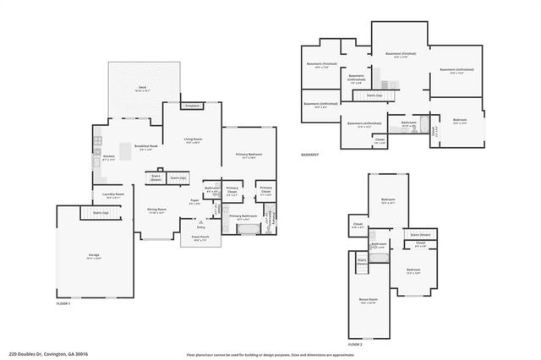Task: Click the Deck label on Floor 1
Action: pos(142,88)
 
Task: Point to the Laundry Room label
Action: pos(113,195)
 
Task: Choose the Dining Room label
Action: pos(156,210)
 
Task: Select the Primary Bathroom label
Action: pos(244,217)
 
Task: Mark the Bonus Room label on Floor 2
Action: pos(367,300)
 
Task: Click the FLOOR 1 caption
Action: pos(64,303)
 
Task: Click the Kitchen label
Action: pos(109,156)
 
